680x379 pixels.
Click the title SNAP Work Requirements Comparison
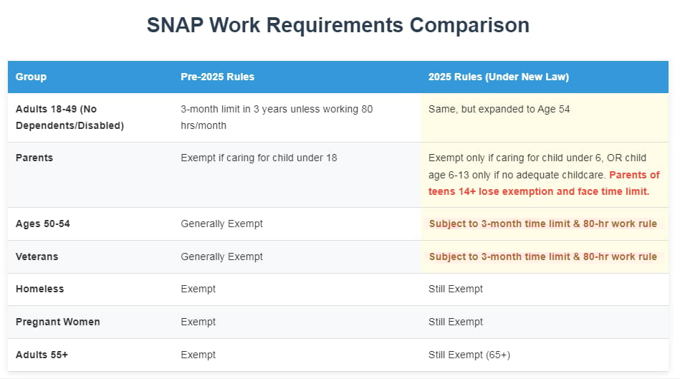(337, 25)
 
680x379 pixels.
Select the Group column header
(31, 77)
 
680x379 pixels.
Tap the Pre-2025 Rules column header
(217, 77)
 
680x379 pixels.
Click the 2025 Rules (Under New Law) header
(498, 77)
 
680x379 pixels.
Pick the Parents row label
(34, 158)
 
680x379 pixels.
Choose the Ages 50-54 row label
(42, 224)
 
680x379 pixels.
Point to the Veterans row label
(37, 256)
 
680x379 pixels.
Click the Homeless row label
(39, 289)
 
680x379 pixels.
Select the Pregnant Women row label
(57, 322)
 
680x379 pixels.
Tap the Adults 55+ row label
(42, 355)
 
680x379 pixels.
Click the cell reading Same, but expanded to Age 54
(499, 110)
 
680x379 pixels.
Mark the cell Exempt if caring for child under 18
(259, 158)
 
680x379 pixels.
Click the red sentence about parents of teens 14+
(544, 183)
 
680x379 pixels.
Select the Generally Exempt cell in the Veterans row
(221, 256)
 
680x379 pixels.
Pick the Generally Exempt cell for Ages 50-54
(221, 224)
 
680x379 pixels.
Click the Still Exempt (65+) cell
(469, 355)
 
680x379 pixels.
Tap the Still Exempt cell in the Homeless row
(455, 289)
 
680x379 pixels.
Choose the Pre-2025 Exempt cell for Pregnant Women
(198, 322)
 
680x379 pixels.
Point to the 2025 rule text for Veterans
(543, 256)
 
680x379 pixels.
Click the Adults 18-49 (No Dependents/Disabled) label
(70, 117)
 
